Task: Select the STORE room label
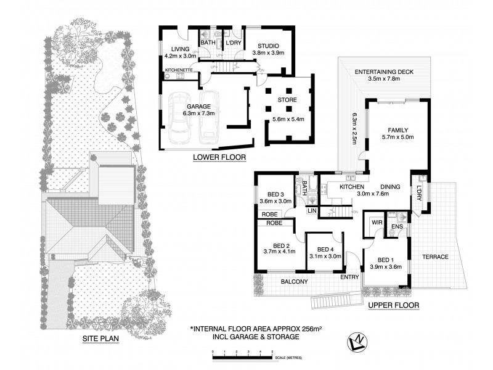[287, 100]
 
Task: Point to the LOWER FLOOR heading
[219, 158]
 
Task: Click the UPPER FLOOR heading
[393, 305]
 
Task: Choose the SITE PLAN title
[100, 339]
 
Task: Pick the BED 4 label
[325, 249]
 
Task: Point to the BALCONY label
[295, 282]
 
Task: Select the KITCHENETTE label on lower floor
[180, 71]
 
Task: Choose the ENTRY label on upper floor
[350, 277]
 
